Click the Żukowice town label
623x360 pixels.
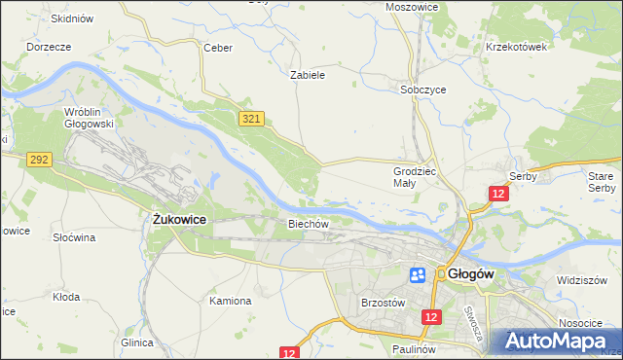(x=180, y=220)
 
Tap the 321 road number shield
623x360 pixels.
(x=251, y=118)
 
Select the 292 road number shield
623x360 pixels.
(x=39, y=160)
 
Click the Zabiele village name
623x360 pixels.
(x=308, y=74)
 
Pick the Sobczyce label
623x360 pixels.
(x=423, y=90)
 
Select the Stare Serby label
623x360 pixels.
(x=602, y=181)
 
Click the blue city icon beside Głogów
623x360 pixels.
(x=417, y=275)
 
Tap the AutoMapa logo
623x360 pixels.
(x=554, y=342)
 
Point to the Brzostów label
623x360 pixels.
(x=383, y=303)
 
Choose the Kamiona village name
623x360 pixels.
(x=231, y=301)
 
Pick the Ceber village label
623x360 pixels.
(x=215, y=47)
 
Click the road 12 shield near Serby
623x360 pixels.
(x=497, y=195)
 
